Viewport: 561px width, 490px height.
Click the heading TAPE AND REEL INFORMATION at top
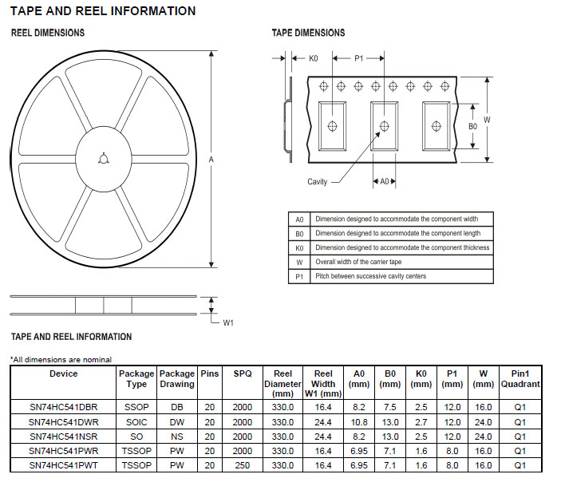point(103,11)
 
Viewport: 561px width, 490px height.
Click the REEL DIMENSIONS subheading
point(48,33)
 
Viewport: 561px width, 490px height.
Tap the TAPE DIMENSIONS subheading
point(309,33)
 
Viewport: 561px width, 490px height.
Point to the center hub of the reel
point(103,160)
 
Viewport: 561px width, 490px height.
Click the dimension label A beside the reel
point(211,160)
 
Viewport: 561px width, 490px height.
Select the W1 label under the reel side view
point(227,322)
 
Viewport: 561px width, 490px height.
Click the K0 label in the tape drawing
point(314,58)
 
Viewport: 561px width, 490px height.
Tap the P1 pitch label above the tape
point(359,58)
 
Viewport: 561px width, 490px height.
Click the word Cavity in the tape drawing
point(318,182)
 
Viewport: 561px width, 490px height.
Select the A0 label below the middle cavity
point(384,182)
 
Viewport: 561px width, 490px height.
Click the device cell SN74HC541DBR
point(64,407)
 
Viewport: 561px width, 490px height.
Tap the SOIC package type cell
point(136,421)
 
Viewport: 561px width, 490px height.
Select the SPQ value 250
point(243,465)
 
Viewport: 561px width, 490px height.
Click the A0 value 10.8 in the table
point(359,421)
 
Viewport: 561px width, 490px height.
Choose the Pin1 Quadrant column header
point(520,379)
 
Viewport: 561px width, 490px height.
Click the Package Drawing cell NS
point(177,437)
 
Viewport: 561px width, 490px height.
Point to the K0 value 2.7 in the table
point(421,421)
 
